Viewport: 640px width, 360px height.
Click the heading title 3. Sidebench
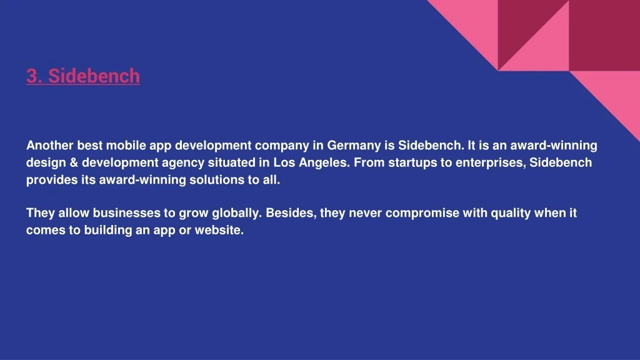coord(83,76)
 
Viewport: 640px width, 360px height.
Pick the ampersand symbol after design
coord(74,162)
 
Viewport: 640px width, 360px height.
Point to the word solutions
coord(216,179)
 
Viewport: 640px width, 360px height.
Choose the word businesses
coord(126,212)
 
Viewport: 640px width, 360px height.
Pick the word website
coord(219,230)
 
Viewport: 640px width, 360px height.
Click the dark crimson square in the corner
coord(604,36)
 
